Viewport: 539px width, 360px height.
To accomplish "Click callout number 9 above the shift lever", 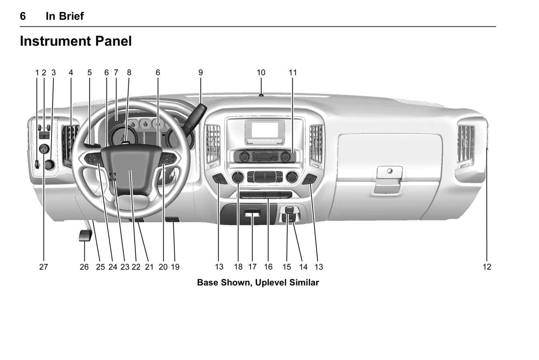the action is pyautogui.click(x=201, y=72).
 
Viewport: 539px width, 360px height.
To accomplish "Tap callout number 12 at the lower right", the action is pyautogui.click(x=487, y=267).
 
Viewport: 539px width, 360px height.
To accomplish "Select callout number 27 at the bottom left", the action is pyautogui.click(x=44, y=267).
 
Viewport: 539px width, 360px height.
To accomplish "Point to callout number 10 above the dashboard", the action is pyautogui.click(x=261, y=72).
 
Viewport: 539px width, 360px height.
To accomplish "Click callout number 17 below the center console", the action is pyautogui.click(x=253, y=267).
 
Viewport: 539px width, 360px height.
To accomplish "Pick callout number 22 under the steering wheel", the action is pyautogui.click(x=136, y=267).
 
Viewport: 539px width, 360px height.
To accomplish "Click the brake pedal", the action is pyautogui.click(x=85, y=236).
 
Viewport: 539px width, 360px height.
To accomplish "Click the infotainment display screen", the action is pyautogui.click(x=265, y=130).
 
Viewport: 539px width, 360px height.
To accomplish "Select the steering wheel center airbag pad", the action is pyautogui.click(x=131, y=169).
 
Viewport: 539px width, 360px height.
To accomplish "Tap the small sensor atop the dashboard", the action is pyautogui.click(x=261, y=95).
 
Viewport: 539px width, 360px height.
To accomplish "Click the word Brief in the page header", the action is pyautogui.click(x=71, y=16).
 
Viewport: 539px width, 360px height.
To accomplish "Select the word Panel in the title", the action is pyautogui.click(x=113, y=41).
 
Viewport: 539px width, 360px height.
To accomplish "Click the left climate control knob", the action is pyautogui.click(x=238, y=178).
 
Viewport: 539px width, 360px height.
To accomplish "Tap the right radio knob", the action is pyautogui.click(x=286, y=157).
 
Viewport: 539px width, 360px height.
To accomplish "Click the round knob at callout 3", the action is pyautogui.click(x=50, y=165).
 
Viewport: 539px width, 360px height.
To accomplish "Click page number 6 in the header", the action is pyautogui.click(x=23, y=16).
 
